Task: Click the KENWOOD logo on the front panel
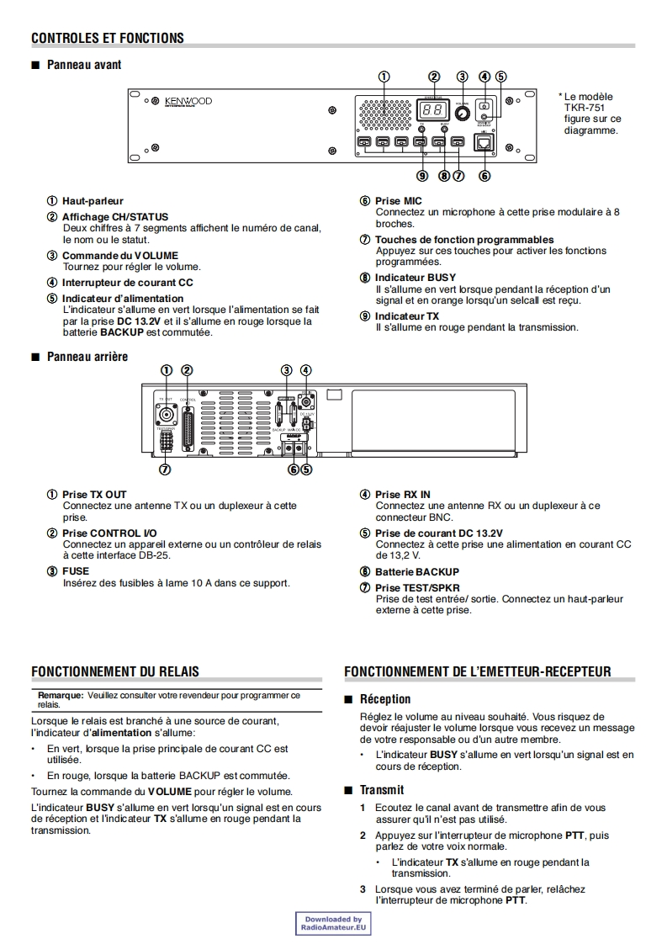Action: coord(188,102)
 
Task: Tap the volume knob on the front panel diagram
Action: coord(462,113)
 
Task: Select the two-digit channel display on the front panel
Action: coord(433,109)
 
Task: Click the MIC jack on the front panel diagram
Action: coord(484,143)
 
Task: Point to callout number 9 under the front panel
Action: coord(422,176)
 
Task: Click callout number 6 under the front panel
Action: coord(484,176)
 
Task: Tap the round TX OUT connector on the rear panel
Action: coord(167,414)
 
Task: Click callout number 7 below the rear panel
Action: coord(166,469)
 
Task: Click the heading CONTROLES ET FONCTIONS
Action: coord(107,38)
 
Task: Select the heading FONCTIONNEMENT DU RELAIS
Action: coord(115,671)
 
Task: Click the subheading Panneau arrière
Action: coord(87,357)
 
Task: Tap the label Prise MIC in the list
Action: coord(398,201)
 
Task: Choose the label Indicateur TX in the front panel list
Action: coord(406,316)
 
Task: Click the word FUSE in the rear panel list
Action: coord(76,571)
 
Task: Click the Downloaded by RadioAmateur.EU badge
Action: coord(333,924)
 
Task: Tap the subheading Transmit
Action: coord(382,790)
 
